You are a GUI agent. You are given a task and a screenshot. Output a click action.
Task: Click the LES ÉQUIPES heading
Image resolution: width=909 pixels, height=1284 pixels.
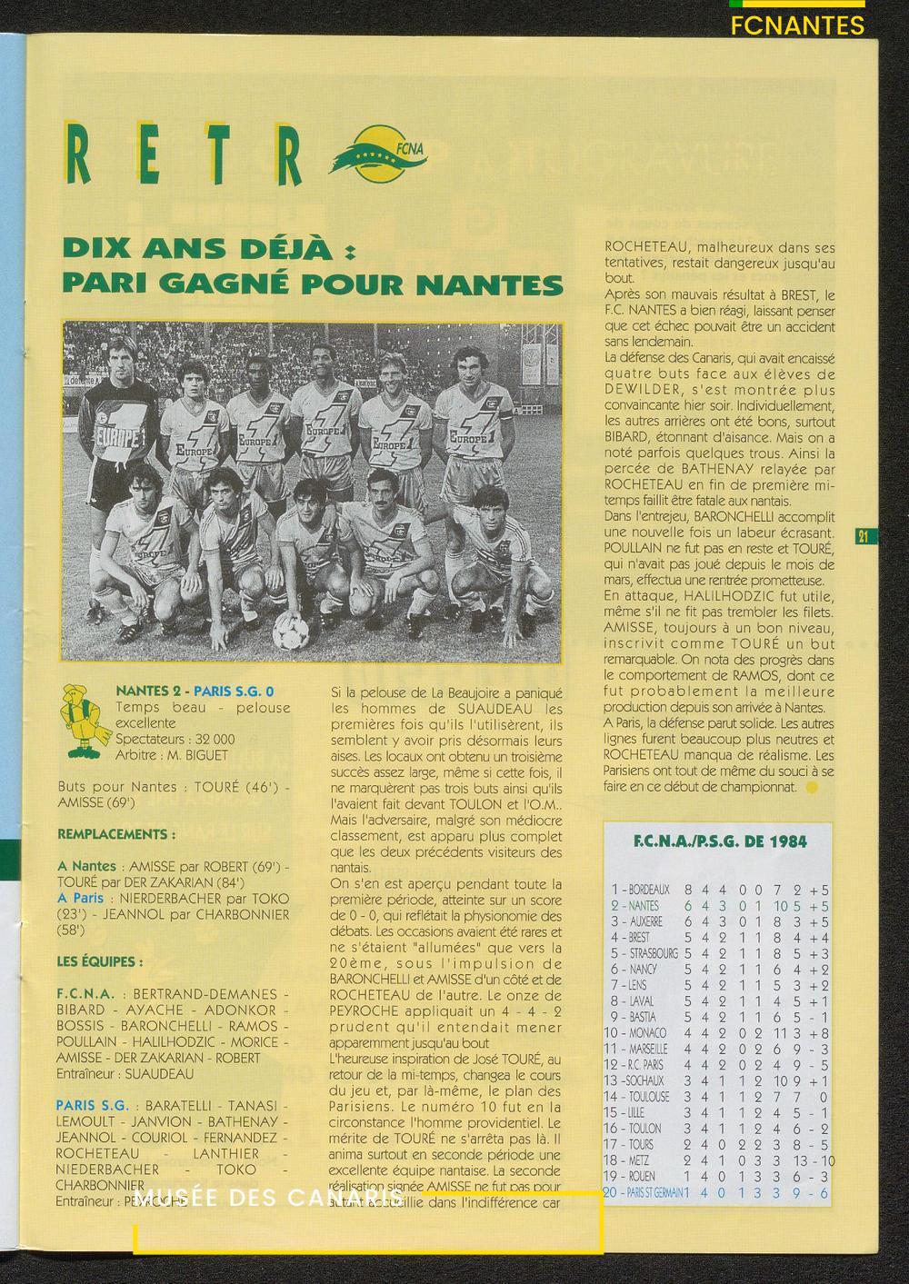pyautogui.click(x=100, y=961)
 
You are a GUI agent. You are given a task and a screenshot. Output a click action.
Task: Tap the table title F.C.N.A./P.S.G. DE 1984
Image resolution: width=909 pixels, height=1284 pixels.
pyautogui.click(x=719, y=841)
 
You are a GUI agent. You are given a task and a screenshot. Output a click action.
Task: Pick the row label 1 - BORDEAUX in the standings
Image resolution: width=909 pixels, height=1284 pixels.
pyautogui.click(x=642, y=890)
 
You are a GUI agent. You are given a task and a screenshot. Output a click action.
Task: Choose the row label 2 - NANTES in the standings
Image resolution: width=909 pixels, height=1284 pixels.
pyautogui.click(x=636, y=906)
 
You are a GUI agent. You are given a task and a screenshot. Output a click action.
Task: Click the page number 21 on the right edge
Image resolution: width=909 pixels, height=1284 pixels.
pyautogui.click(x=863, y=536)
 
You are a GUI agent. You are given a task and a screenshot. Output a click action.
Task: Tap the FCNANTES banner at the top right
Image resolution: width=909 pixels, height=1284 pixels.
pyautogui.click(x=797, y=25)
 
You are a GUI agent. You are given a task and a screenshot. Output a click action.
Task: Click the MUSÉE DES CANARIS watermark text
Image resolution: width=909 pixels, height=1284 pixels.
pyautogui.click(x=273, y=1199)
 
